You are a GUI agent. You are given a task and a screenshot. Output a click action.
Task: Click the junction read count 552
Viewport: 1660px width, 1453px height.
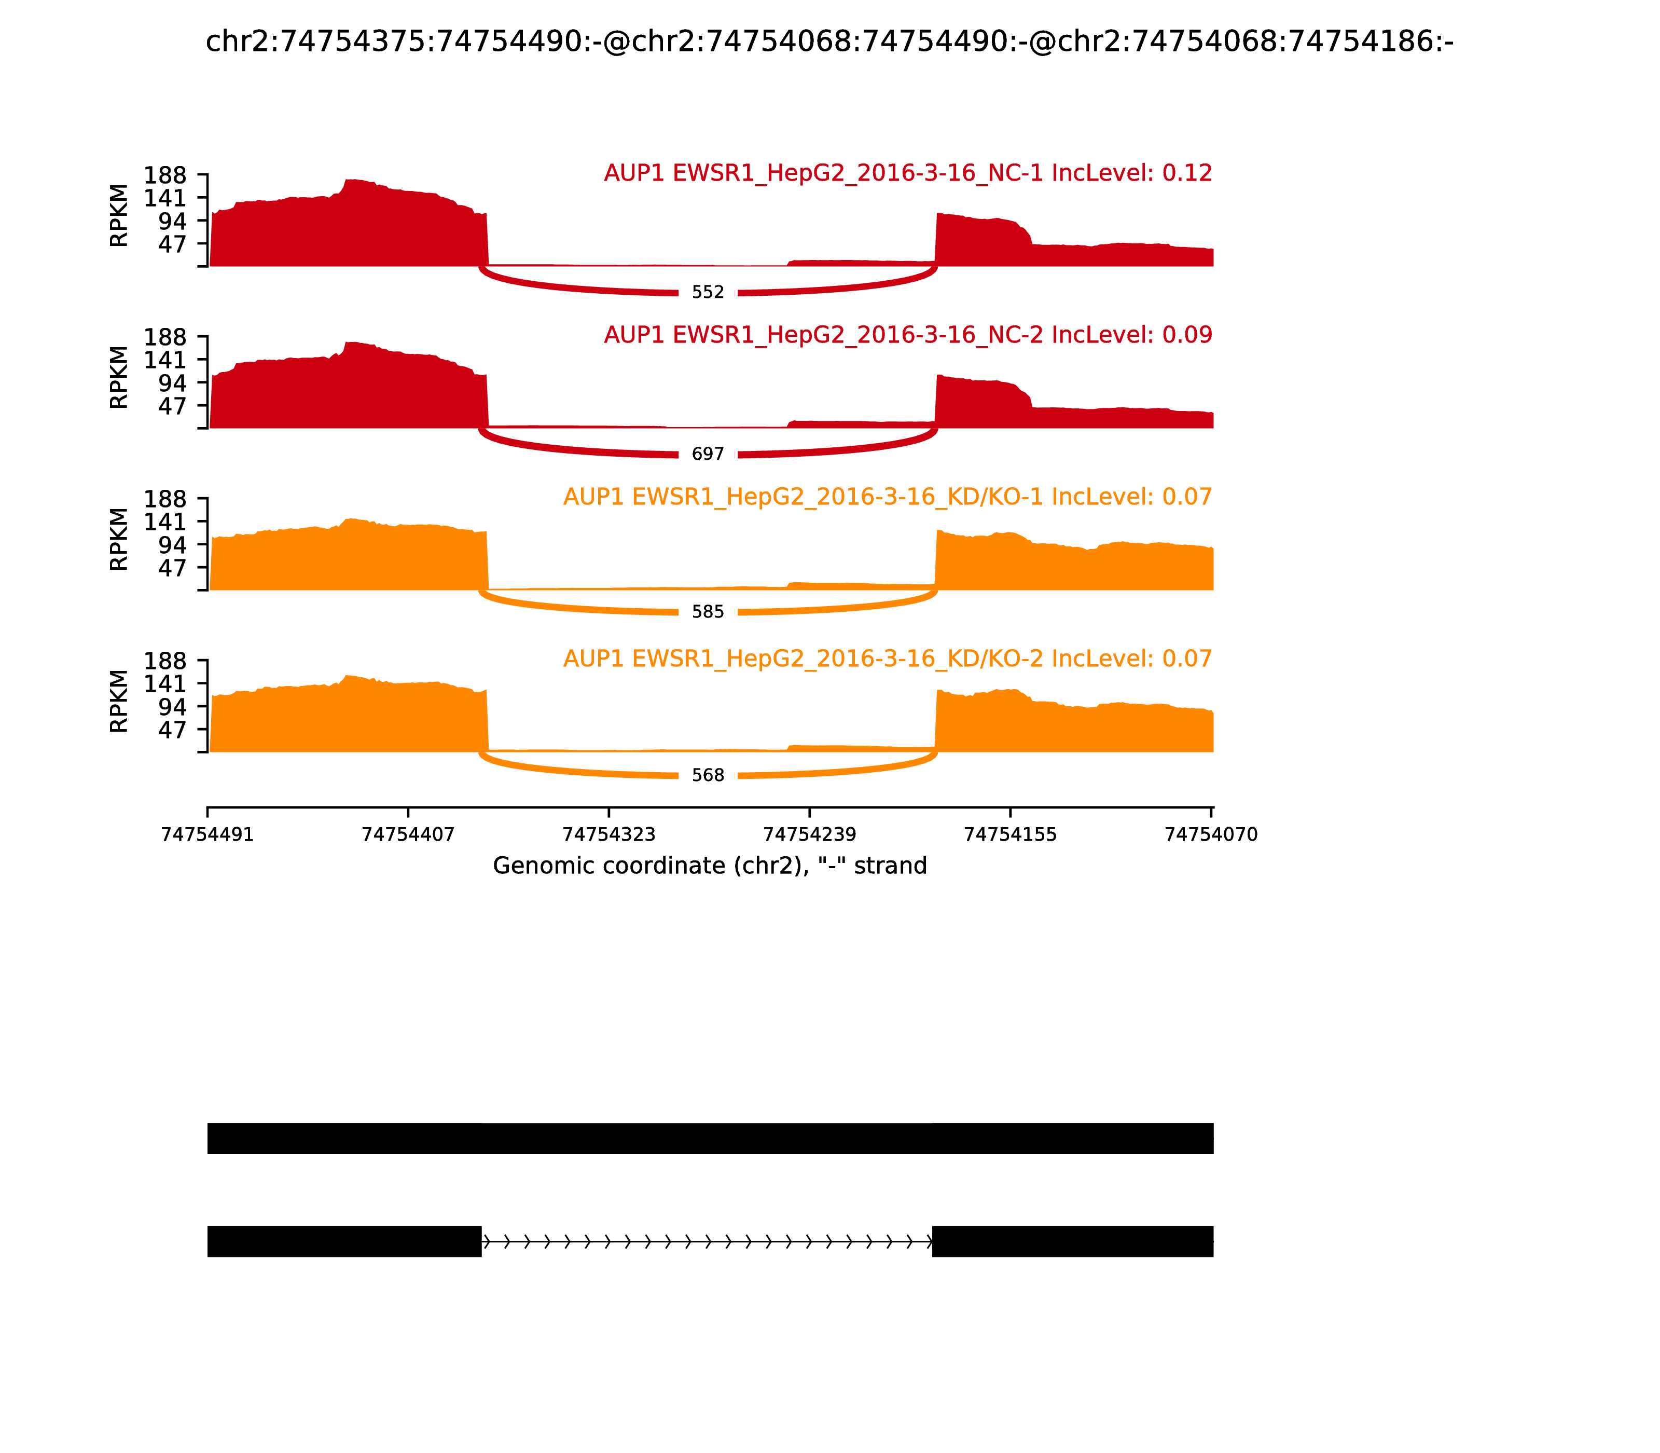pos(708,292)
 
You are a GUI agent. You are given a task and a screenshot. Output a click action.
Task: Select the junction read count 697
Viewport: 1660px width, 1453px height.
pos(708,454)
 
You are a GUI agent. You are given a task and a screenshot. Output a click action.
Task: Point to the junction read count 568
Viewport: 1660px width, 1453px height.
pos(708,775)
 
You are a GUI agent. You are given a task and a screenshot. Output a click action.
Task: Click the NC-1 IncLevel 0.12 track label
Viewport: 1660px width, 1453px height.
pos(908,173)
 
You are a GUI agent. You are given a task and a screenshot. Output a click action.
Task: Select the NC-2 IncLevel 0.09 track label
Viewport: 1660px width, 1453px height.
pos(908,335)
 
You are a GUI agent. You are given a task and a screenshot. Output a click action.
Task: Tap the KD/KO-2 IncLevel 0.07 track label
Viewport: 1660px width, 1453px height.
pos(888,659)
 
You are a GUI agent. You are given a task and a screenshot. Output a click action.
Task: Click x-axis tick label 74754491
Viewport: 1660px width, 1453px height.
pos(208,834)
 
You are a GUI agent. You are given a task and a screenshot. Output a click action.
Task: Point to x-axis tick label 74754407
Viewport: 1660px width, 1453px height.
pos(408,834)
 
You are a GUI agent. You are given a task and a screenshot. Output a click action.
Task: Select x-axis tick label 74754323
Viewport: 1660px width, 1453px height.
pos(608,834)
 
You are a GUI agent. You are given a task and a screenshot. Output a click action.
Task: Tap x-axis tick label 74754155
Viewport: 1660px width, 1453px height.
pos(1010,834)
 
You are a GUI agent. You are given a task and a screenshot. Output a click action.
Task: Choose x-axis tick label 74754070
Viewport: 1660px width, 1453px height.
pos(1211,834)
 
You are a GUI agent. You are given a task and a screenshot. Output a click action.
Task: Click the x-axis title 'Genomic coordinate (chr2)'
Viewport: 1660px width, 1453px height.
pos(709,866)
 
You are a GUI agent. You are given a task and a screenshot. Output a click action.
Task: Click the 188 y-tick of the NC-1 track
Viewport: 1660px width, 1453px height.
pos(165,176)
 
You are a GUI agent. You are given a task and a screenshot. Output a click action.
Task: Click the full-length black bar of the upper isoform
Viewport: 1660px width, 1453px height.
pos(710,1139)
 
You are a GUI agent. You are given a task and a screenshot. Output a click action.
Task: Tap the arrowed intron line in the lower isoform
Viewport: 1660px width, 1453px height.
pos(707,1241)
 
